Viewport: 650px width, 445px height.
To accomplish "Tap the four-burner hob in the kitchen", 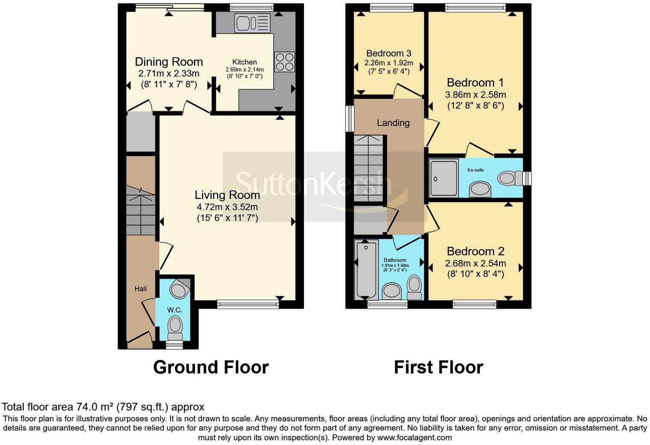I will pos(284,62).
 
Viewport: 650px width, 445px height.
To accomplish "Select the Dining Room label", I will pos(169,62).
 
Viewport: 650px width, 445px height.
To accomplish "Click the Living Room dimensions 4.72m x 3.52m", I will pos(227,207).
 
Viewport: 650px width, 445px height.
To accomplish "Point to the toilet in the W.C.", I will pos(175,326).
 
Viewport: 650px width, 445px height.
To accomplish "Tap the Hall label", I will pos(141,289).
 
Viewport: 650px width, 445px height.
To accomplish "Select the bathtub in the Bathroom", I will pos(366,270).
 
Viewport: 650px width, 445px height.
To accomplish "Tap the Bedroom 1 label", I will pos(475,83).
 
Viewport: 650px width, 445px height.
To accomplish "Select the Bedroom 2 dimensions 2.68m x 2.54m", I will pos(475,263).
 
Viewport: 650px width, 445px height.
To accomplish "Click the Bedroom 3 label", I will pos(389,53).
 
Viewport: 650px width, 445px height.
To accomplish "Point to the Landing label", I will pos(393,123).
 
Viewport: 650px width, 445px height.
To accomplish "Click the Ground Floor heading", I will pos(211,367).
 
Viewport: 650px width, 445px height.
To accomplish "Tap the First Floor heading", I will pos(438,367).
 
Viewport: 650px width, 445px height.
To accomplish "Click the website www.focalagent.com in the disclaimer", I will pos(414,438).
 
